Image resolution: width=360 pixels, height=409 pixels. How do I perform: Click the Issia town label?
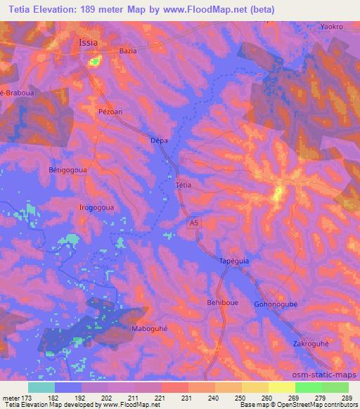(88, 42)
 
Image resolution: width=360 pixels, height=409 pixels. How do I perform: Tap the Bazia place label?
(128, 51)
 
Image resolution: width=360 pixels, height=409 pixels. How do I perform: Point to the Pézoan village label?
(110, 112)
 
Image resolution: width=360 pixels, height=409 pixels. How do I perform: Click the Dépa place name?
(160, 141)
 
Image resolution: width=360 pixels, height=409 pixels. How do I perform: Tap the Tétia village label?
(183, 186)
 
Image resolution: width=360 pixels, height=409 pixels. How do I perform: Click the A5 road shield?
(193, 223)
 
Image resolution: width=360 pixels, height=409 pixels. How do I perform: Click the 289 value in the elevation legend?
(345, 398)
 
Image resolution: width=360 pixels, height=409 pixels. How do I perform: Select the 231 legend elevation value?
(179, 398)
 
